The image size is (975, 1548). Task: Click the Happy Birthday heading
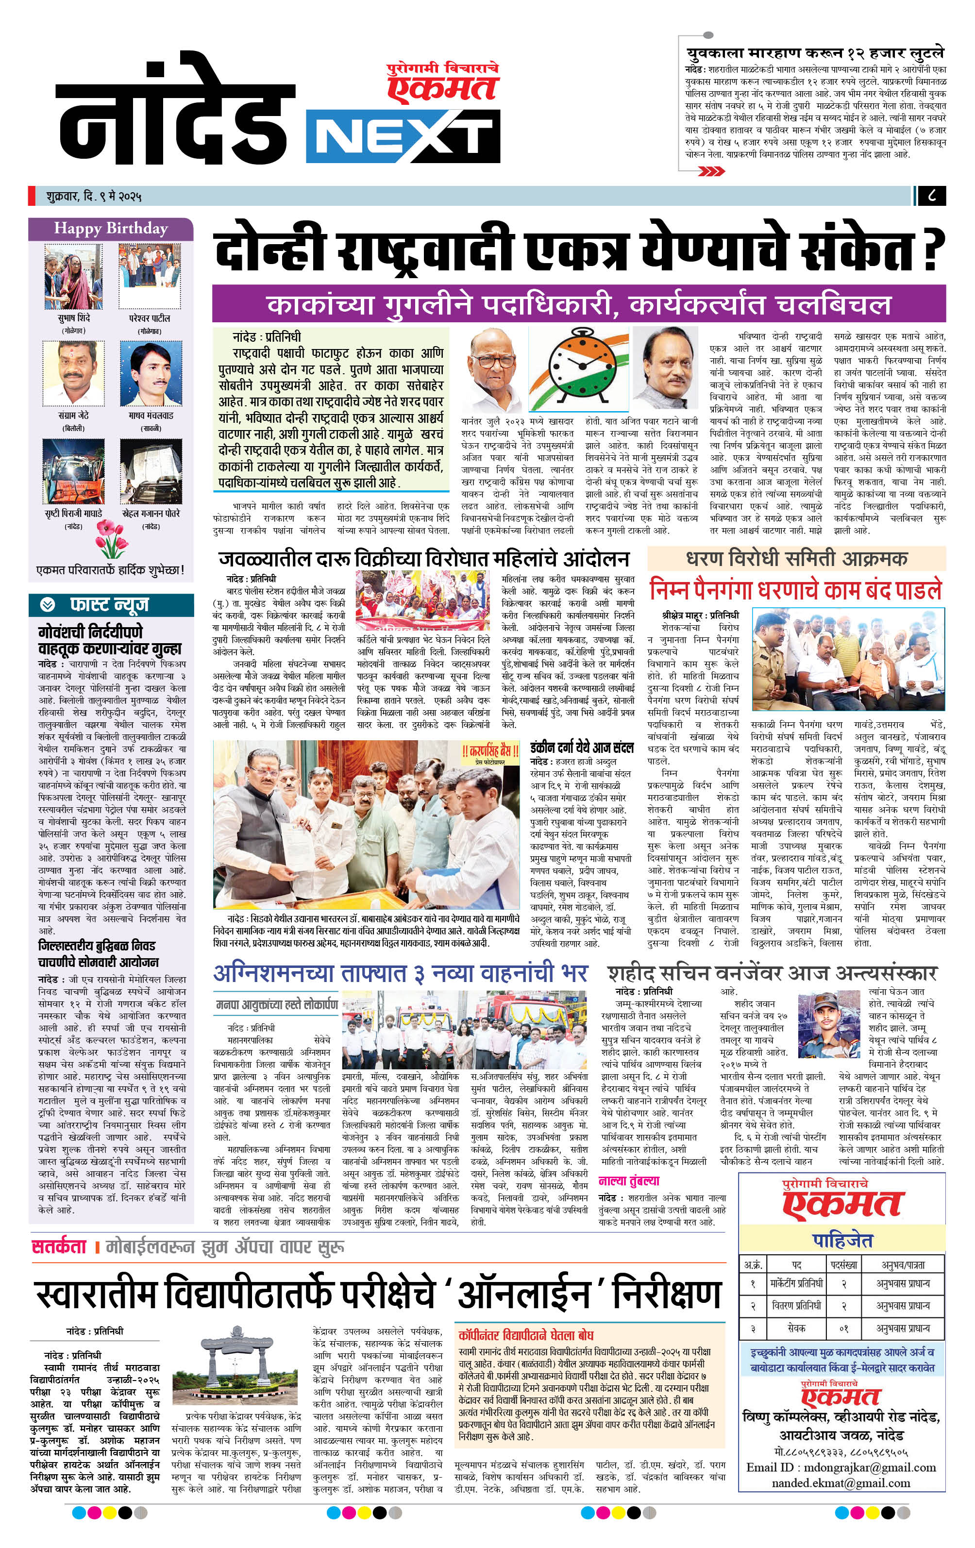[111, 229]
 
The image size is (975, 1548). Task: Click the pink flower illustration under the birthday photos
[111, 539]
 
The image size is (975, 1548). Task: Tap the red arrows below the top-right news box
[711, 171]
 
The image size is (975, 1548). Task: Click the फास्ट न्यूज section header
[109, 605]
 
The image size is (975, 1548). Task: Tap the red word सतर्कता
[59, 1247]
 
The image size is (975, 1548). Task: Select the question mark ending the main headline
[933, 249]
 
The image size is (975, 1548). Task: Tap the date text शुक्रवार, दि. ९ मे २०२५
[94, 196]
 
